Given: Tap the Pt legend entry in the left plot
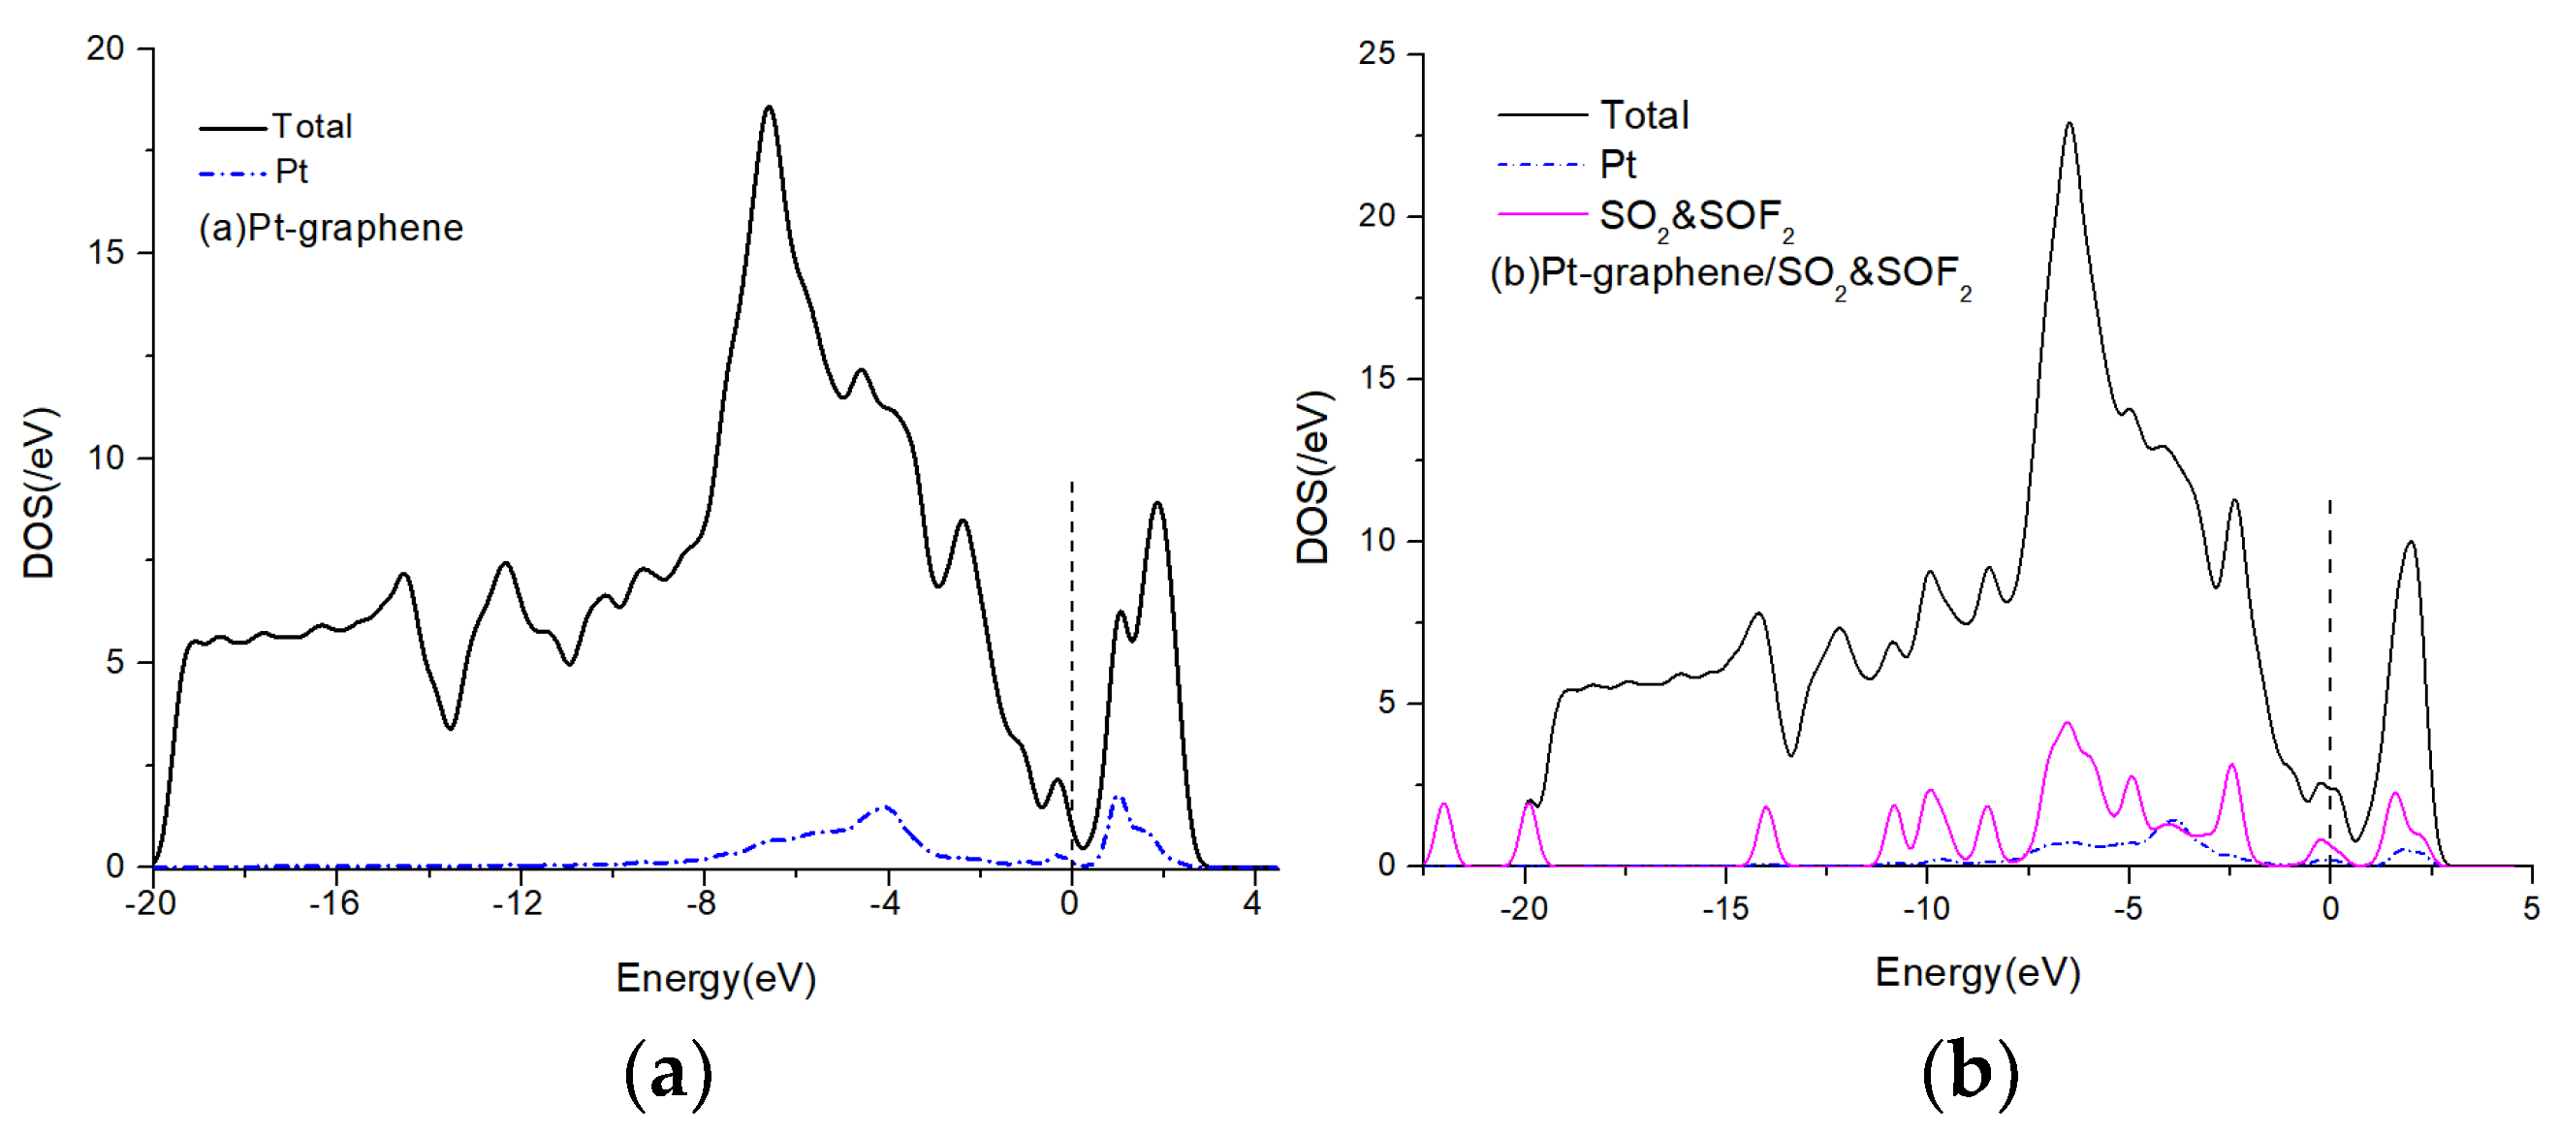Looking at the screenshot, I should coord(291,172).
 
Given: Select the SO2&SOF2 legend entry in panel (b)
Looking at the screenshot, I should coord(1694,216).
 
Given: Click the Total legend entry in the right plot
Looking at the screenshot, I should coord(1644,115).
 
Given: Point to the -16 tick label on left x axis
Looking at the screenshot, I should coord(333,903).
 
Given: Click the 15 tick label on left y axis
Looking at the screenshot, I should coord(106,253).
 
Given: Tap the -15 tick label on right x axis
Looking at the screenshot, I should coord(1724,908).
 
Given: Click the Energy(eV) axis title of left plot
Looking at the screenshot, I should coord(715,978).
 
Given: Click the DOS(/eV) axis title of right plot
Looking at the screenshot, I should coord(1313,478).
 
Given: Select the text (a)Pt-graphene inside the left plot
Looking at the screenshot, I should coord(331,229).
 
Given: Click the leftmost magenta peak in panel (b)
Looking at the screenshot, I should coord(1443,805).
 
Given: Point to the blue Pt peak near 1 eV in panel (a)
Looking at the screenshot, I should coord(1119,798).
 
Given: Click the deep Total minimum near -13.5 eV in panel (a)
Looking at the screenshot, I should coord(450,728).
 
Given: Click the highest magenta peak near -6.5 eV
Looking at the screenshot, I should coord(2068,724).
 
